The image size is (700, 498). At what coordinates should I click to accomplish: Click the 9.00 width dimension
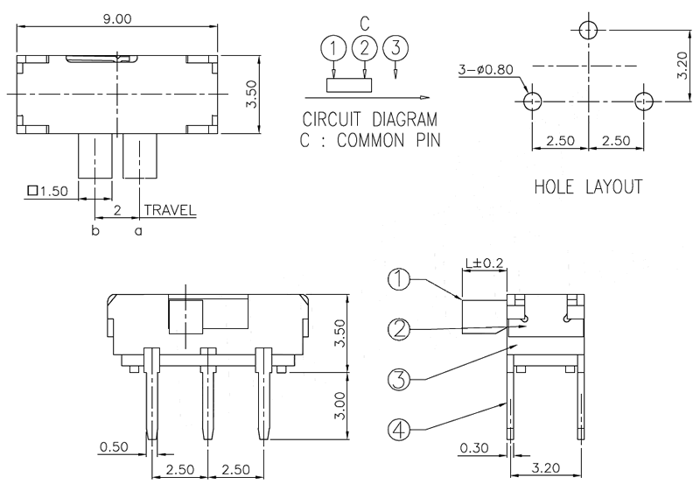117,18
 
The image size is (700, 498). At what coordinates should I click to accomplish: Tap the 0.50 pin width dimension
115,447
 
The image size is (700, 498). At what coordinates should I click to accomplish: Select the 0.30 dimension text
473,448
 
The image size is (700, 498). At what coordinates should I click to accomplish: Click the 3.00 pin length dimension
351,405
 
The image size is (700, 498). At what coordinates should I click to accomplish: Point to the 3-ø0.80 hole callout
486,69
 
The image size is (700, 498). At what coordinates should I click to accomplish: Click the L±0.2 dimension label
484,263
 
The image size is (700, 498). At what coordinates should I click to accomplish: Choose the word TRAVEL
170,210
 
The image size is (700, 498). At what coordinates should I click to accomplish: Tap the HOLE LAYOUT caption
588,186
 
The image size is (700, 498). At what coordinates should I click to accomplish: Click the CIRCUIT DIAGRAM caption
369,120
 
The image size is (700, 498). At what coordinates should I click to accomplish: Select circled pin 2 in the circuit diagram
365,47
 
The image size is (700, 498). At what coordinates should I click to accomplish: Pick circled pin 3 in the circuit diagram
396,47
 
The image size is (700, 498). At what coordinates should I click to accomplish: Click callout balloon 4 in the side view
399,430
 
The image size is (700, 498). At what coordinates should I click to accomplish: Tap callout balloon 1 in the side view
399,279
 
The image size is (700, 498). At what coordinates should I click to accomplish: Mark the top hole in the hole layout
588,30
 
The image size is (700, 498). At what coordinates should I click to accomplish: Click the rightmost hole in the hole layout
644,102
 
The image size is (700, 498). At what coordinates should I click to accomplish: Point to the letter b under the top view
94,231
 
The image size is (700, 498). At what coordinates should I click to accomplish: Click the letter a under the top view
137,231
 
